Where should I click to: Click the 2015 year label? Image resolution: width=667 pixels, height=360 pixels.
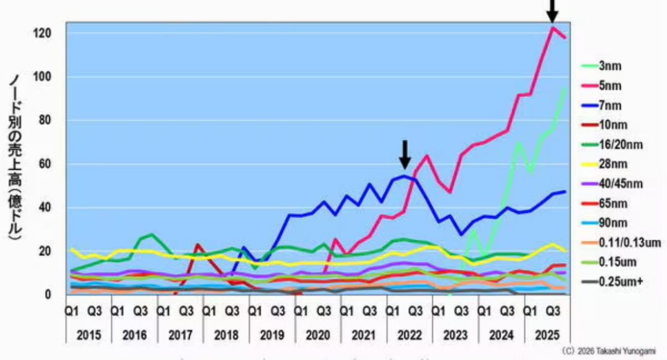(x=88, y=335)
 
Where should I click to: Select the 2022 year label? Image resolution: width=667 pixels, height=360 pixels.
(x=409, y=335)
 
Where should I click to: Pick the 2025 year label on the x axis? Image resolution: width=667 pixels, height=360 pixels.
(x=547, y=335)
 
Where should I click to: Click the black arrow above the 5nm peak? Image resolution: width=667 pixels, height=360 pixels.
(x=552, y=10)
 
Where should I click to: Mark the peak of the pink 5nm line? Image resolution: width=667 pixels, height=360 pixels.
(x=553, y=28)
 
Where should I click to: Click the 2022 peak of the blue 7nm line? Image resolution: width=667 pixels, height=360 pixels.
(x=405, y=176)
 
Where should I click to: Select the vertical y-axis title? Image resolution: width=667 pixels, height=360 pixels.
(x=17, y=157)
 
